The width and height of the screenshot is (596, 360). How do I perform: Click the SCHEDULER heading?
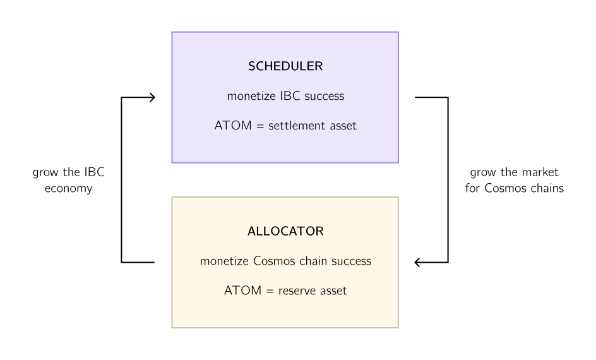[285, 66]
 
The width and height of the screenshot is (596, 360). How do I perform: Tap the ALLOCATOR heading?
[285, 231]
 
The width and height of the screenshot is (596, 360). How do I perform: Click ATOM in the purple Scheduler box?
[233, 126]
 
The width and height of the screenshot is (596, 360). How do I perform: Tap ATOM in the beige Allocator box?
[243, 291]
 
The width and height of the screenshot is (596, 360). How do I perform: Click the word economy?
[68, 189]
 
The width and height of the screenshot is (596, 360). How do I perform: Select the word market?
[540, 172]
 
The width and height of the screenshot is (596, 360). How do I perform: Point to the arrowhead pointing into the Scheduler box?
[152, 98]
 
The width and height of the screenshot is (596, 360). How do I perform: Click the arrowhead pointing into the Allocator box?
[417, 262]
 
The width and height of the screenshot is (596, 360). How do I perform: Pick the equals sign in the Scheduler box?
[260, 126]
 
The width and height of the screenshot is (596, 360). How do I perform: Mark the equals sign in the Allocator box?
[270, 291]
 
